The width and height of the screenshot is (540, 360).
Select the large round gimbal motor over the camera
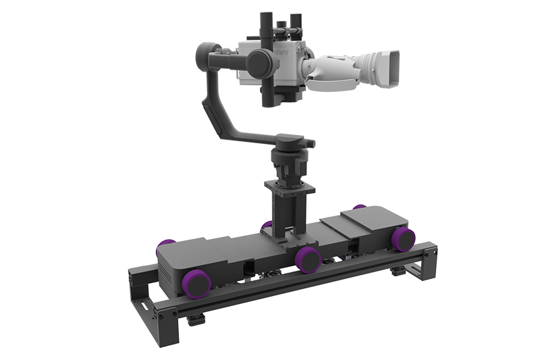pyautogui.click(x=259, y=63)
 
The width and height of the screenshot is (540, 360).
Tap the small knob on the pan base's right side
pyautogui.click(x=310, y=143)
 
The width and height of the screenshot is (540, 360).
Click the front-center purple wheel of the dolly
pyautogui.click(x=308, y=258)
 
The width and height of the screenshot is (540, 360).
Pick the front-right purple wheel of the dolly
pyautogui.click(x=404, y=238)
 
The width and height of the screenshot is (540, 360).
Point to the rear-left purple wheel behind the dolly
pyautogui.click(x=166, y=244)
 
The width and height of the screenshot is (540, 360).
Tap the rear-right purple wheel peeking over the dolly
pyautogui.click(x=360, y=207)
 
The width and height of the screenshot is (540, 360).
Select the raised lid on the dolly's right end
pyautogui.click(x=375, y=220)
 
